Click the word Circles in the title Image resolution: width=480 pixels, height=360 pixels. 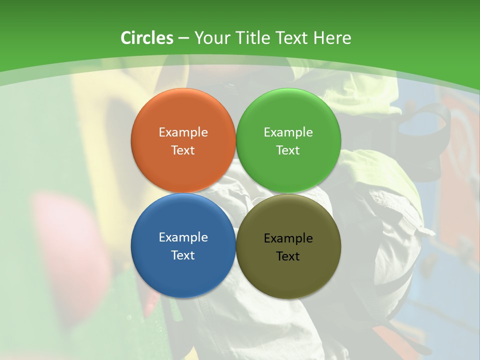click(x=147, y=38)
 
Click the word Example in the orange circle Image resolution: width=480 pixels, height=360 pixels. click(x=183, y=132)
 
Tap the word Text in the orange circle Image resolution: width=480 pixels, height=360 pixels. click(x=183, y=150)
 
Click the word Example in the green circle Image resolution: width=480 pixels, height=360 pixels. click(x=288, y=132)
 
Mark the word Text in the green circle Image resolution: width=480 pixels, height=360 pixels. click(x=288, y=150)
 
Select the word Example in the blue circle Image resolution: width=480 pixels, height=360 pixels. click(x=183, y=237)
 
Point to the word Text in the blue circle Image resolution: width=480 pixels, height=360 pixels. click(x=183, y=255)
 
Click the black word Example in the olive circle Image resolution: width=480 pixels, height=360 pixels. click(x=288, y=238)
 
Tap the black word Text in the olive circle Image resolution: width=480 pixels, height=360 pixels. click(x=288, y=256)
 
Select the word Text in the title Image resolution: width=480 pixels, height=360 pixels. click(x=291, y=38)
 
